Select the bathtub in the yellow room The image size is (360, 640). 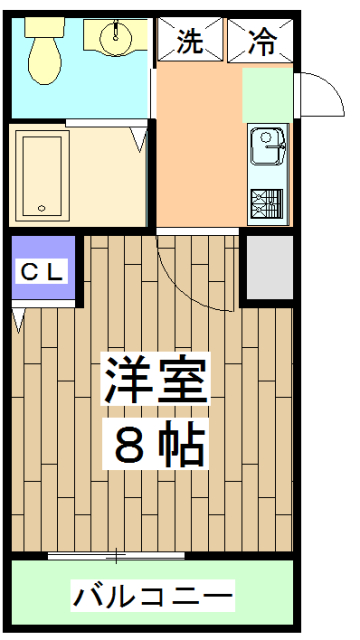(42, 171)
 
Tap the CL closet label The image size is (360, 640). (42, 270)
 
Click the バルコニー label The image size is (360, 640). (153, 598)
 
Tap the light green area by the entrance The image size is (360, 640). (267, 95)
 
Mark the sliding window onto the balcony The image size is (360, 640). (116, 555)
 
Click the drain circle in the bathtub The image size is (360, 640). (41, 209)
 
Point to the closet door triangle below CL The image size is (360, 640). (19, 321)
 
